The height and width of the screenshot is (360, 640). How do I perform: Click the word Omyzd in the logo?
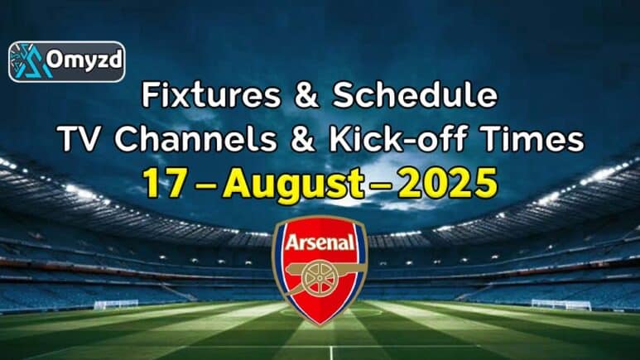click(x=84, y=60)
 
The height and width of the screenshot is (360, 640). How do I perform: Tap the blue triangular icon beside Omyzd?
click(x=29, y=61)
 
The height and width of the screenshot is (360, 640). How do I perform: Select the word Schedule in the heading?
click(x=415, y=95)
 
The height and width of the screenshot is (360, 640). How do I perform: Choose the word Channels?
click(x=196, y=139)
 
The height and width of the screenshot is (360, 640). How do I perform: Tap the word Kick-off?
click(x=398, y=139)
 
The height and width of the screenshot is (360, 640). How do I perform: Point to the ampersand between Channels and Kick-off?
click(x=303, y=140)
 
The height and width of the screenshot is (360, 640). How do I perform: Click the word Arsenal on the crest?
click(x=320, y=242)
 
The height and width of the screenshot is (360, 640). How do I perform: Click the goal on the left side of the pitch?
click(x=117, y=305)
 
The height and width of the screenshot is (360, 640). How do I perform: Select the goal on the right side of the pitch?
click(x=561, y=305)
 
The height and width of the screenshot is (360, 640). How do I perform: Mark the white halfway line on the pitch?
click(x=331, y=353)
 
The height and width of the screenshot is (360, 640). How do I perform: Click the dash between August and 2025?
click(x=381, y=185)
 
